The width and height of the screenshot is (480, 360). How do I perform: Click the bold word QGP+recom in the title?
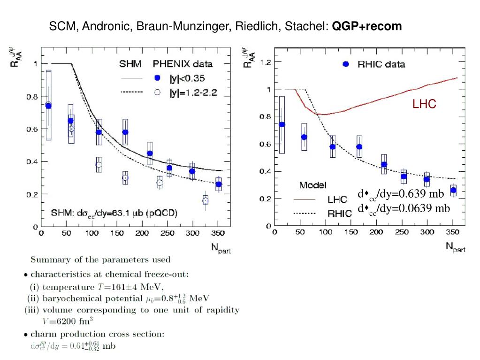[x=367, y=26]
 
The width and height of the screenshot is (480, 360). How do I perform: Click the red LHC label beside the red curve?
[x=424, y=105]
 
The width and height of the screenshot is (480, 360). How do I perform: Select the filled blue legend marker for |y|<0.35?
[x=158, y=77]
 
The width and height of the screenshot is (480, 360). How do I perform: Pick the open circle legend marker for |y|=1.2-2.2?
[x=158, y=92]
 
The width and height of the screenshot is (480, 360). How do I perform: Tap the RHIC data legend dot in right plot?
[x=346, y=64]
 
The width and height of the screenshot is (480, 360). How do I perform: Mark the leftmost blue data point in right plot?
[x=282, y=124]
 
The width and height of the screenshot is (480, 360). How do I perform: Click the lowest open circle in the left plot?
[x=205, y=200]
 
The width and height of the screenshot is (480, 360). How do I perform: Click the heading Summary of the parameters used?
[x=101, y=259]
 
